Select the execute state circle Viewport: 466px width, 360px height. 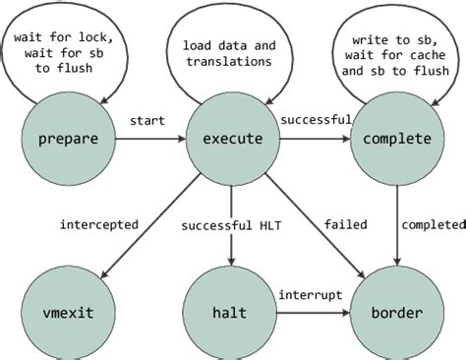[x=231, y=139]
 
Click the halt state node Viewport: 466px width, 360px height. [x=231, y=314]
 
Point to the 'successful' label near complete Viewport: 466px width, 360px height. [x=316, y=120]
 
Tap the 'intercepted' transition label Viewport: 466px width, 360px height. [x=98, y=225]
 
